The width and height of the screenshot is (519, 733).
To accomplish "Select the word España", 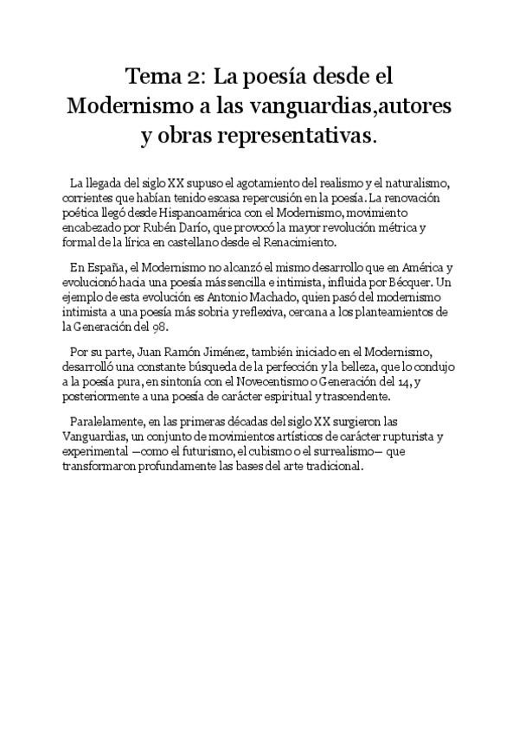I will pos(108,269).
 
